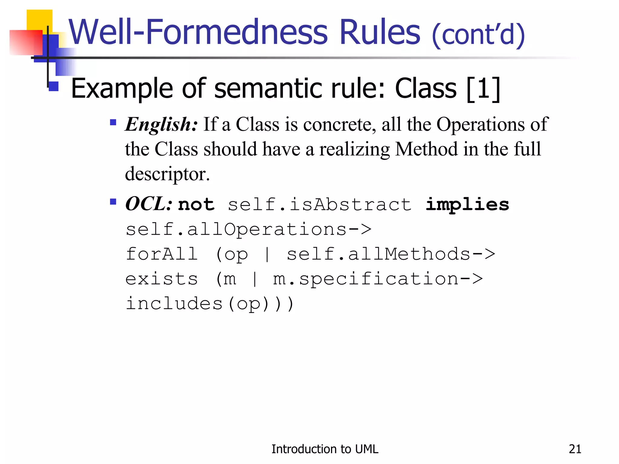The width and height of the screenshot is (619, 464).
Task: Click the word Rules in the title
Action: pyautogui.click(x=380, y=32)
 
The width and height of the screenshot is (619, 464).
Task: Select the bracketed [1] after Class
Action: pyautogui.click(x=483, y=89)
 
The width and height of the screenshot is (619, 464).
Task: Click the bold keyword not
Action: pyautogui.click(x=196, y=205)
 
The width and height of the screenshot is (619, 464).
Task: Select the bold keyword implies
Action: pyautogui.click(x=467, y=205)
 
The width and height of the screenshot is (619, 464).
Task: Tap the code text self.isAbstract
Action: pyautogui.click(x=320, y=205)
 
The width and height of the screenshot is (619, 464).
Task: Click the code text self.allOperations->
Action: pyautogui.click(x=248, y=230)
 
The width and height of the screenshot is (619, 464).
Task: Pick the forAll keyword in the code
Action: pyautogui.click(x=162, y=254)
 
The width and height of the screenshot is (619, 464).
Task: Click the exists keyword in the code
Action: pyautogui.click(x=162, y=279)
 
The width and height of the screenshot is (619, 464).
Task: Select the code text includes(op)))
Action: pyautogui.click(x=210, y=304)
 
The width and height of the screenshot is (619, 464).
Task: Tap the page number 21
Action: pyautogui.click(x=575, y=449)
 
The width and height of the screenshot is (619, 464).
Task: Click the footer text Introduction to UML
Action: pyautogui.click(x=325, y=449)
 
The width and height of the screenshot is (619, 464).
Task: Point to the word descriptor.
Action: pyautogui.click(x=167, y=174)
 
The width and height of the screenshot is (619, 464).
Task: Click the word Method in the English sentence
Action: pyautogui.click(x=426, y=149)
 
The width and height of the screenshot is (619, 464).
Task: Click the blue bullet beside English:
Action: pyautogui.click(x=113, y=122)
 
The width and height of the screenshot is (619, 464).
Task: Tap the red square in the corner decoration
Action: pyautogui.click(x=26, y=42)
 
